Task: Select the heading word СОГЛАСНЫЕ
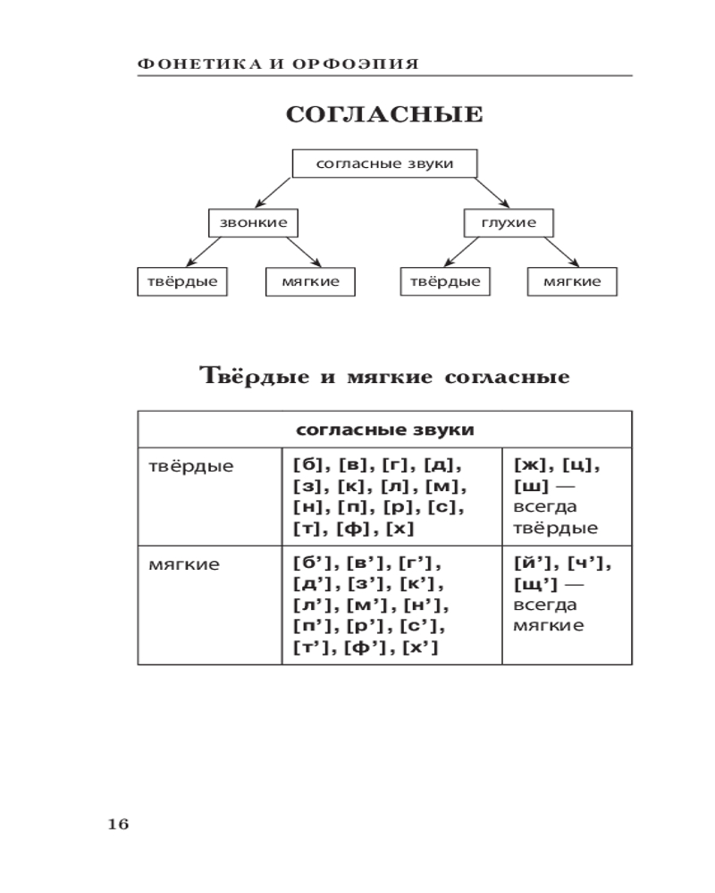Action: (x=384, y=115)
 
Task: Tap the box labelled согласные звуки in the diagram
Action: (x=384, y=164)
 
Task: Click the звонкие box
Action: (x=253, y=222)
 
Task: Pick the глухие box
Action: (x=509, y=222)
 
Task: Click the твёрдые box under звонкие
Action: (x=182, y=281)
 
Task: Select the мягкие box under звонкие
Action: (x=310, y=281)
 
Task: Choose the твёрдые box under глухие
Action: (x=444, y=281)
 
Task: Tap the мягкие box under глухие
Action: (x=572, y=281)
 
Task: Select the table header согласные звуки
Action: (x=384, y=430)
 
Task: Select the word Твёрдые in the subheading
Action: (x=253, y=376)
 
